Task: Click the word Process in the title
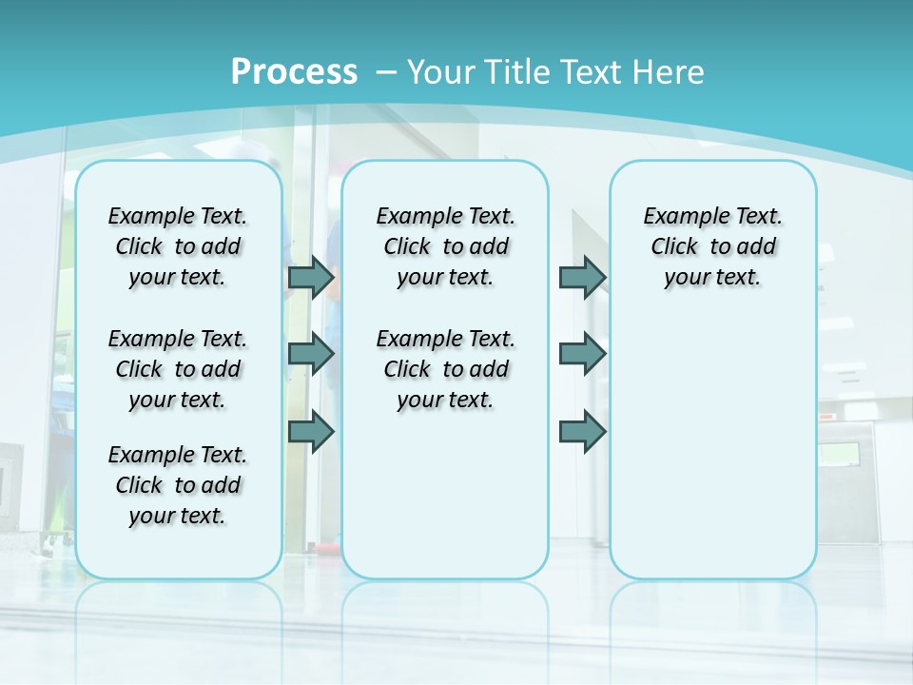pos(294,71)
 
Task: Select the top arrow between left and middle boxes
pos(311,277)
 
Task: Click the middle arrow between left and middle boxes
pos(311,354)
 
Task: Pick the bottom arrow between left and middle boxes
pos(311,431)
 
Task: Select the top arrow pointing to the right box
pos(582,277)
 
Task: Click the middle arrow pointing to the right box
pos(582,354)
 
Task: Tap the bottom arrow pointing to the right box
pos(582,431)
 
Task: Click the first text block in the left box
pos(178,246)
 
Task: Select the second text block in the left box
pos(178,369)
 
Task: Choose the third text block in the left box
pos(178,485)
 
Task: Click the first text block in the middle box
pos(445,246)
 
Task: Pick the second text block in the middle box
pos(445,369)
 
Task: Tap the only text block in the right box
pos(712,246)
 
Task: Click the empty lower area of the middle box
pos(445,495)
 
